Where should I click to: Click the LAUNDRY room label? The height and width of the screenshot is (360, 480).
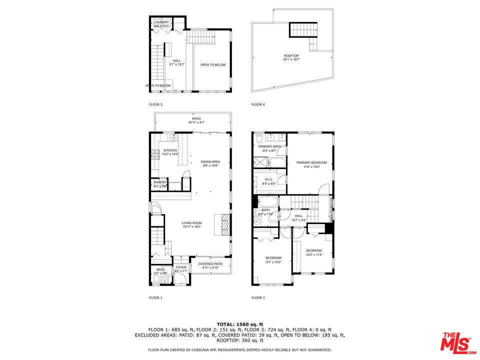[161, 22]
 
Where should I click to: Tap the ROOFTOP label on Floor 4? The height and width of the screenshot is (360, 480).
[291, 56]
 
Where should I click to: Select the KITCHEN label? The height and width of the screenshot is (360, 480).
[170, 150]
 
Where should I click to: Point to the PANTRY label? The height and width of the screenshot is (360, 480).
[160, 182]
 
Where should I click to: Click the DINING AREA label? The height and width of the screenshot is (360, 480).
[210, 162]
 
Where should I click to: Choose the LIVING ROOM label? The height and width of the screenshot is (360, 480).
[191, 223]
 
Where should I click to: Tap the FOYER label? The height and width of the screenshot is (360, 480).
[180, 268]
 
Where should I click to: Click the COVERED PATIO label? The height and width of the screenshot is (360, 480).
[210, 264]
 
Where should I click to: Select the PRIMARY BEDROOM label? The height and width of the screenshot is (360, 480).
[311, 162]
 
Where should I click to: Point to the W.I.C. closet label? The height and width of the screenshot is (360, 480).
[269, 180]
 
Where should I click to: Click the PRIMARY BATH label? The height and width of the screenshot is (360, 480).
[270, 146]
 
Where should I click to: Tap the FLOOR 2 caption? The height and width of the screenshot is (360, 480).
[155, 104]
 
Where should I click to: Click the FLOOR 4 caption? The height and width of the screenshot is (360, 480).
[257, 104]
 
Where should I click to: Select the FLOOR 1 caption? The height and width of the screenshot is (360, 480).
[155, 297]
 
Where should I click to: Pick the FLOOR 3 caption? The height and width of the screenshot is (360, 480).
[257, 297]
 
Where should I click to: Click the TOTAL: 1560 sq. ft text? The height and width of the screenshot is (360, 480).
[239, 324]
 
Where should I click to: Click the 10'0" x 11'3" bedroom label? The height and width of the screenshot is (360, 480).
[314, 250]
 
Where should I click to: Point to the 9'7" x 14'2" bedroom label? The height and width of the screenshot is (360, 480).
[273, 258]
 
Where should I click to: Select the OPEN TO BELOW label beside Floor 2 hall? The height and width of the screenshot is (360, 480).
[213, 64]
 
